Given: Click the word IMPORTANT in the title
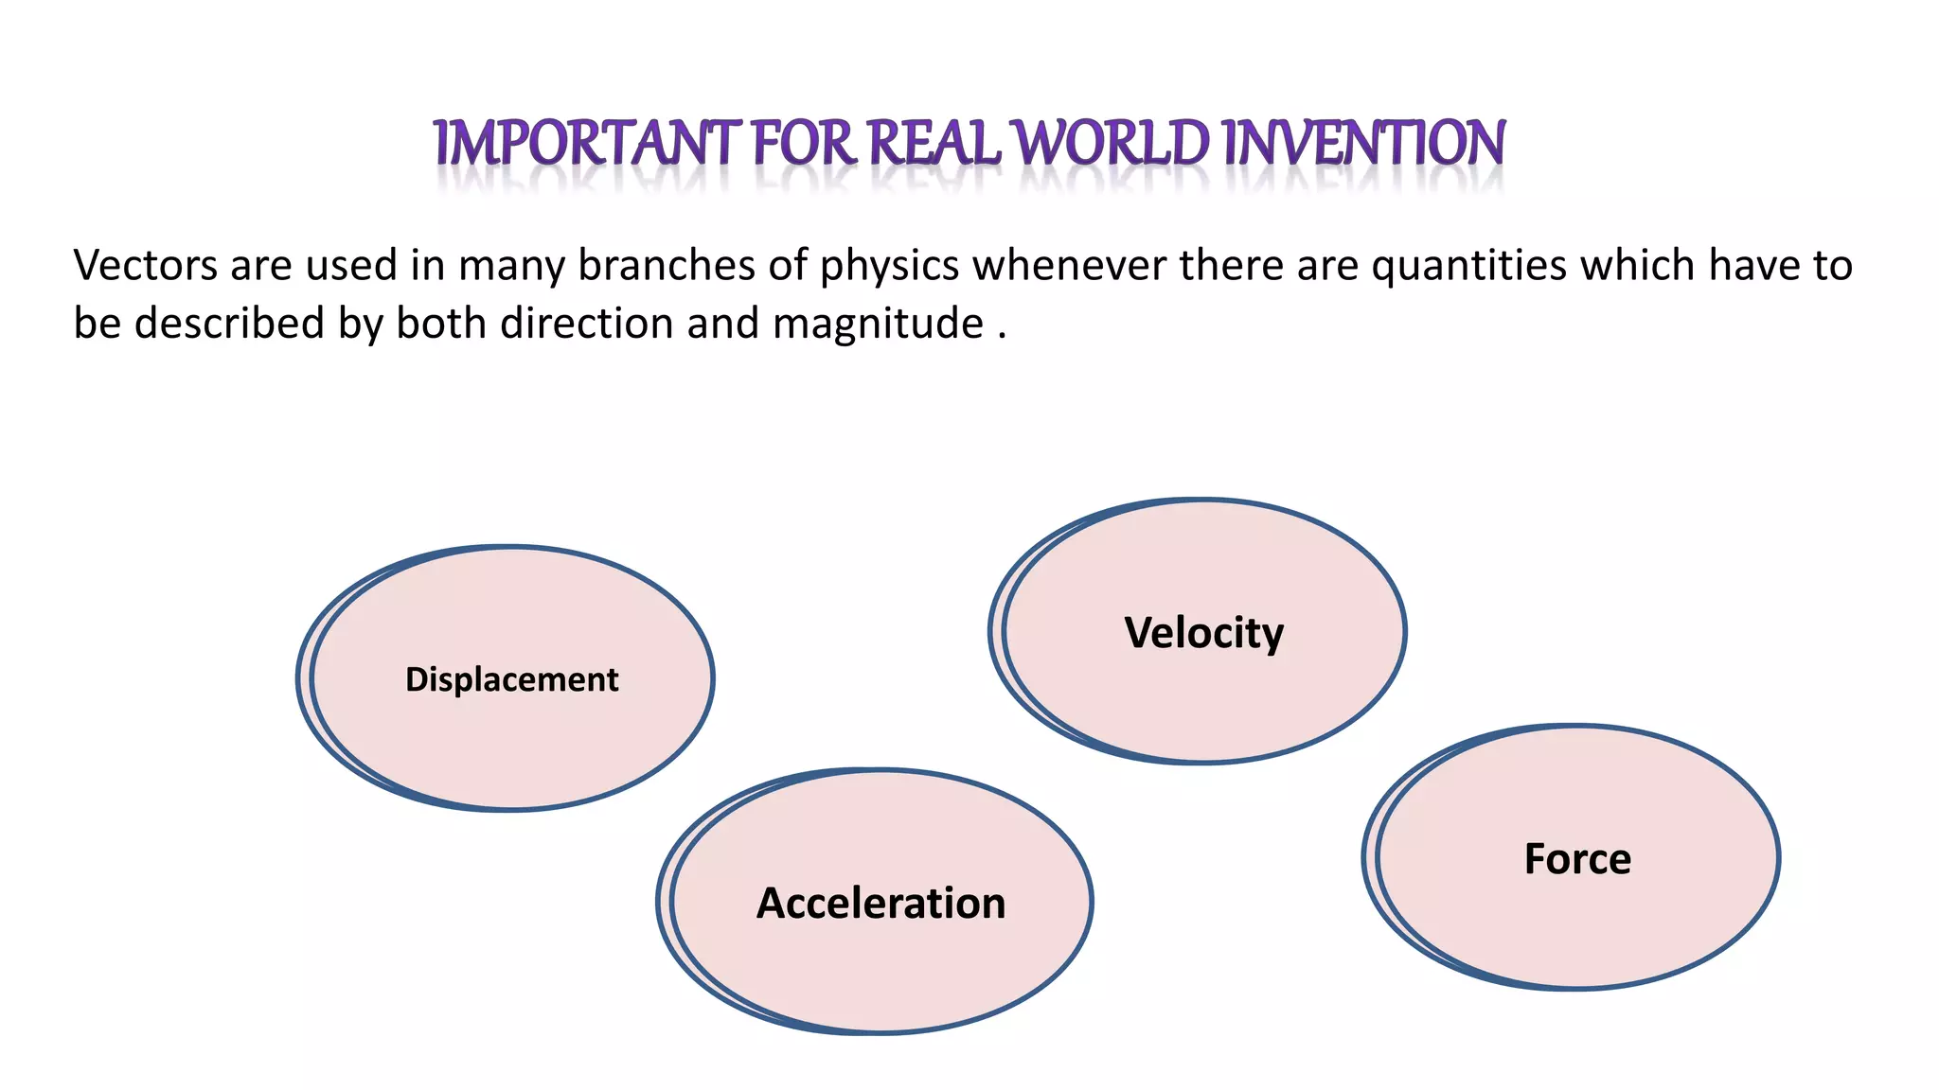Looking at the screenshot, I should click(x=587, y=144).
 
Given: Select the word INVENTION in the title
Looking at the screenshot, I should click(x=1363, y=144).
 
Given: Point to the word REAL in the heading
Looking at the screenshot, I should click(x=934, y=144).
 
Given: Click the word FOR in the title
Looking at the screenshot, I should click(x=805, y=144).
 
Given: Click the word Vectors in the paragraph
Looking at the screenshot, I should click(x=145, y=266).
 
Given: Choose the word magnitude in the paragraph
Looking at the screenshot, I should click(x=878, y=325).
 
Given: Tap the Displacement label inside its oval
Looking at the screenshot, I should click(x=511, y=680).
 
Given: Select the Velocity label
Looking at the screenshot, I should click(x=1203, y=633).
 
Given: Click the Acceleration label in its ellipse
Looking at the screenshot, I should click(x=881, y=904).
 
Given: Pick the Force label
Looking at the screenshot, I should click(x=1577, y=859).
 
